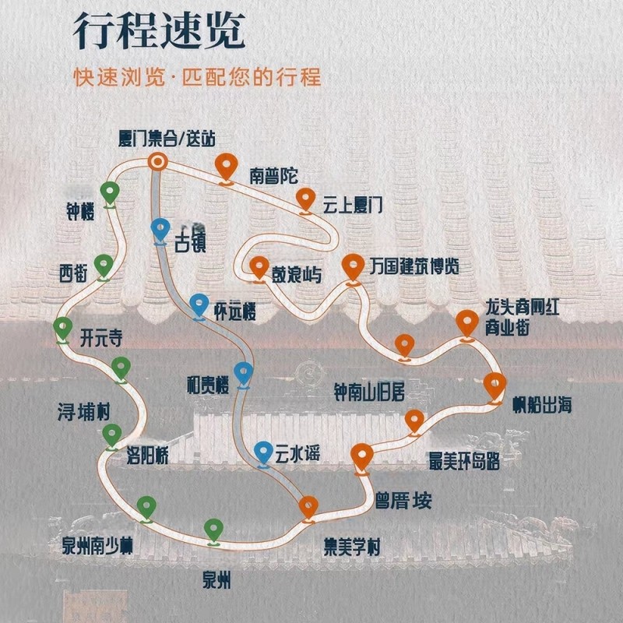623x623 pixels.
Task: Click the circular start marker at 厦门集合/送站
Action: [158, 162]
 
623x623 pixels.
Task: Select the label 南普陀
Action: [273, 175]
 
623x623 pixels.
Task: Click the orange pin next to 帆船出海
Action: [495, 385]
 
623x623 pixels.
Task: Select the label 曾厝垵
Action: [403, 499]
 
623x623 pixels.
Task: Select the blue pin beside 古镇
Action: [160, 230]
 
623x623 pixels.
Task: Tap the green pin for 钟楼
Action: [110, 192]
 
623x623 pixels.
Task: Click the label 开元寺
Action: [101, 340]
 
